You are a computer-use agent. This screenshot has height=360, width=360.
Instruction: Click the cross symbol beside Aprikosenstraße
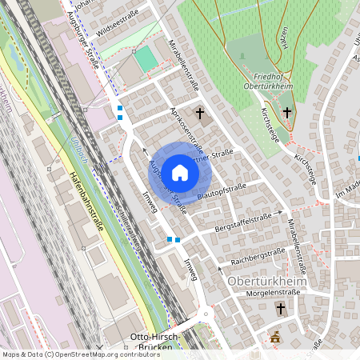200,114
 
